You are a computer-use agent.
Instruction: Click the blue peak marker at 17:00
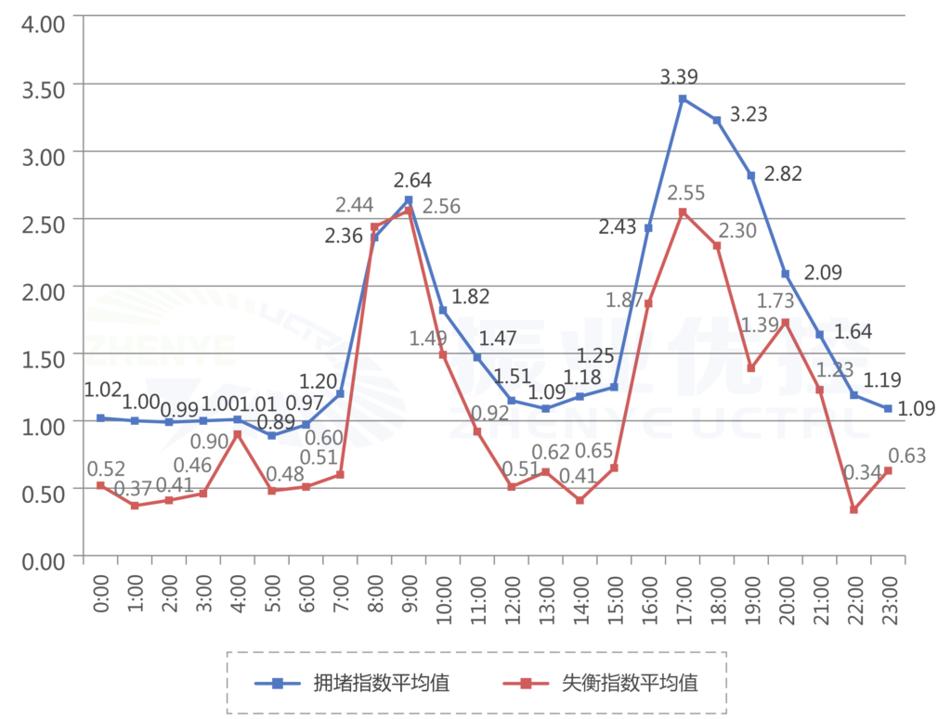pos(683,98)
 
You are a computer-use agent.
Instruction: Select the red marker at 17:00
pos(683,212)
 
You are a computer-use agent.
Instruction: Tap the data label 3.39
pos(679,77)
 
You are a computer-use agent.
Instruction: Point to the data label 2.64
pos(412,180)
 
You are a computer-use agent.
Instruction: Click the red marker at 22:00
pos(853,509)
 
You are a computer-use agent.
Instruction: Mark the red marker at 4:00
pos(238,434)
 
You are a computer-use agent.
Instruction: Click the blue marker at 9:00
pos(409,200)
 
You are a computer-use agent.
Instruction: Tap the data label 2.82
pos(782,174)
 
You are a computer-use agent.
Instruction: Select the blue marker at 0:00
pos(100,418)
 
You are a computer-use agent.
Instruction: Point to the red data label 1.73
pos(776,301)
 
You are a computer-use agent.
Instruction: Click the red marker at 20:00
pos(786,323)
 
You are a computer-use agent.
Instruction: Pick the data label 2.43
pos(621,227)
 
